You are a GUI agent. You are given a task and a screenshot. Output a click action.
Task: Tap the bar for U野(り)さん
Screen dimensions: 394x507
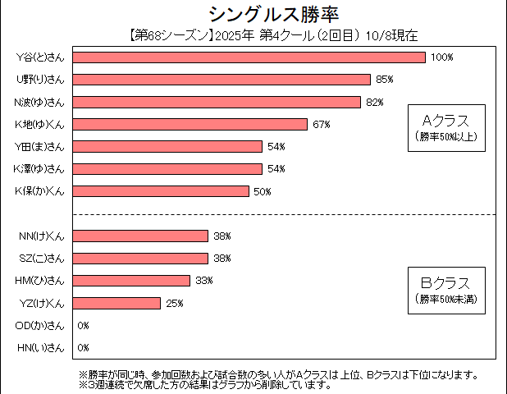click(x=222, y=80)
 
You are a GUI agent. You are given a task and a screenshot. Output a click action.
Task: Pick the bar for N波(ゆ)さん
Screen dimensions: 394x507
click(x=217, y=102)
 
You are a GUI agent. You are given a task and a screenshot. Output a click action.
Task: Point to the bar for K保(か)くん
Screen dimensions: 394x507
click(x=161, y=191)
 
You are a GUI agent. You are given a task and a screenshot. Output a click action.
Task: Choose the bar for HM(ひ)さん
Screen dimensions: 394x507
click(x=131, y=281)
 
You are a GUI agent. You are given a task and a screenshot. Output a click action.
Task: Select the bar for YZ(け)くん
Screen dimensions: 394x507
click(x=116, y=303)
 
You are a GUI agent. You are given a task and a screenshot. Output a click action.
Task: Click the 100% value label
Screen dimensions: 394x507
click(x=441, y=57)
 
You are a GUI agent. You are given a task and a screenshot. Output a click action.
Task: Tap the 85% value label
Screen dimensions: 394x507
click(x=385, y=80)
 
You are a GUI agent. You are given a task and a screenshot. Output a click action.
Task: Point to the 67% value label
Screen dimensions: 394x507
click(x=321, y=124)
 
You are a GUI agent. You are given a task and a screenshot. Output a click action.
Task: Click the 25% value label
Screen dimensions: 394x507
click(x=174, y=303)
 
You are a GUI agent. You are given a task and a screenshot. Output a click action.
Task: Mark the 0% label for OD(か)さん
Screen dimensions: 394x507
click(x=83, y=326)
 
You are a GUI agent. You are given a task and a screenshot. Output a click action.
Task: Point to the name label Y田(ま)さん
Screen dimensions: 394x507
click(x=40, y=146)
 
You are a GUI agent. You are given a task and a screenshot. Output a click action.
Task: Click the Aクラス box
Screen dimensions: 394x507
click(x=445, y=127)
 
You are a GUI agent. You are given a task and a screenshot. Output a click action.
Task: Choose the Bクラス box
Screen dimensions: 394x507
click(x=445, y=289)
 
